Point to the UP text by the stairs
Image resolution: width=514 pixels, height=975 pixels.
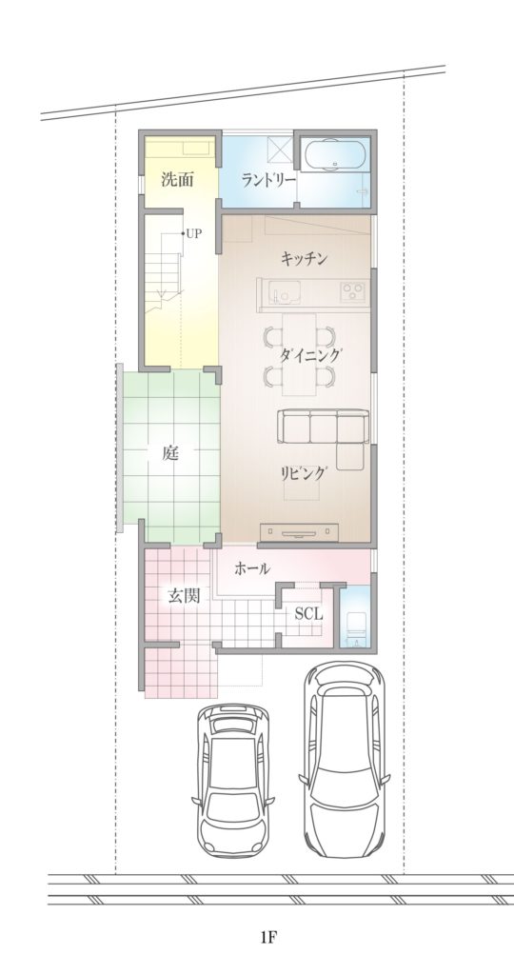click(x=193, y=232)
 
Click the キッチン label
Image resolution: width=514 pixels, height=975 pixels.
click(x=305, y=257)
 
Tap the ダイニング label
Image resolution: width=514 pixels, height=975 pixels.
click(x=310, y=354)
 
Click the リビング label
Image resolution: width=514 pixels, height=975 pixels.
click(x=305, y=472)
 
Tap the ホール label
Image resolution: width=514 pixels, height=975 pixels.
click(x=252, y=568)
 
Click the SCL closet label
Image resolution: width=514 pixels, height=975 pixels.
click(x=308, y=614)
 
